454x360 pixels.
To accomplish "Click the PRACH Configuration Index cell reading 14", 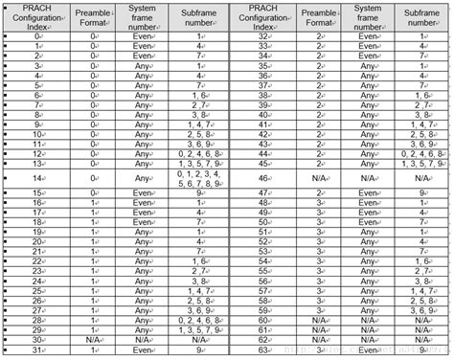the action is coord(37,177).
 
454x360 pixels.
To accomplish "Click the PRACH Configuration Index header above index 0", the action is coord(37,14).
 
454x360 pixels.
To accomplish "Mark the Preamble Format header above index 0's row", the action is coord(93,14).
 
